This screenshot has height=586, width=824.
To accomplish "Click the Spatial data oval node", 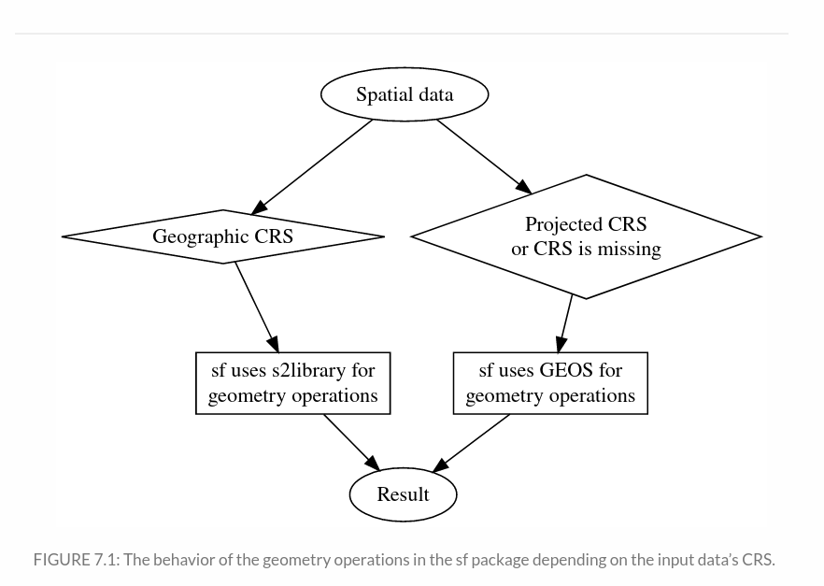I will click(404, 94).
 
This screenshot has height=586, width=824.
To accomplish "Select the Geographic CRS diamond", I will click(222, 236).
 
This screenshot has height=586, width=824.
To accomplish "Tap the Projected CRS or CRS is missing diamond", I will click(586, 236).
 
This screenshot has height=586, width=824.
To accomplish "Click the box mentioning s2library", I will click(292, 383).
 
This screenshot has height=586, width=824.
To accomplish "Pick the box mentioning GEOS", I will click(550, 383).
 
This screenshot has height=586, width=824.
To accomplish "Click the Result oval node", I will click(403, 494).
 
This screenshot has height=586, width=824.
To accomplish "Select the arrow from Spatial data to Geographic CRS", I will click(313, 166).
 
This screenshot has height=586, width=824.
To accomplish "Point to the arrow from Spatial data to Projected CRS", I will click(483, 156).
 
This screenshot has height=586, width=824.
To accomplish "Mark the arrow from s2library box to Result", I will click(351, 442).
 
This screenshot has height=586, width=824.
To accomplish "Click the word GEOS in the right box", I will click(566, 371).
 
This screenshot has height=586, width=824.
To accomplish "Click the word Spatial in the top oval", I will click(381, 94).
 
